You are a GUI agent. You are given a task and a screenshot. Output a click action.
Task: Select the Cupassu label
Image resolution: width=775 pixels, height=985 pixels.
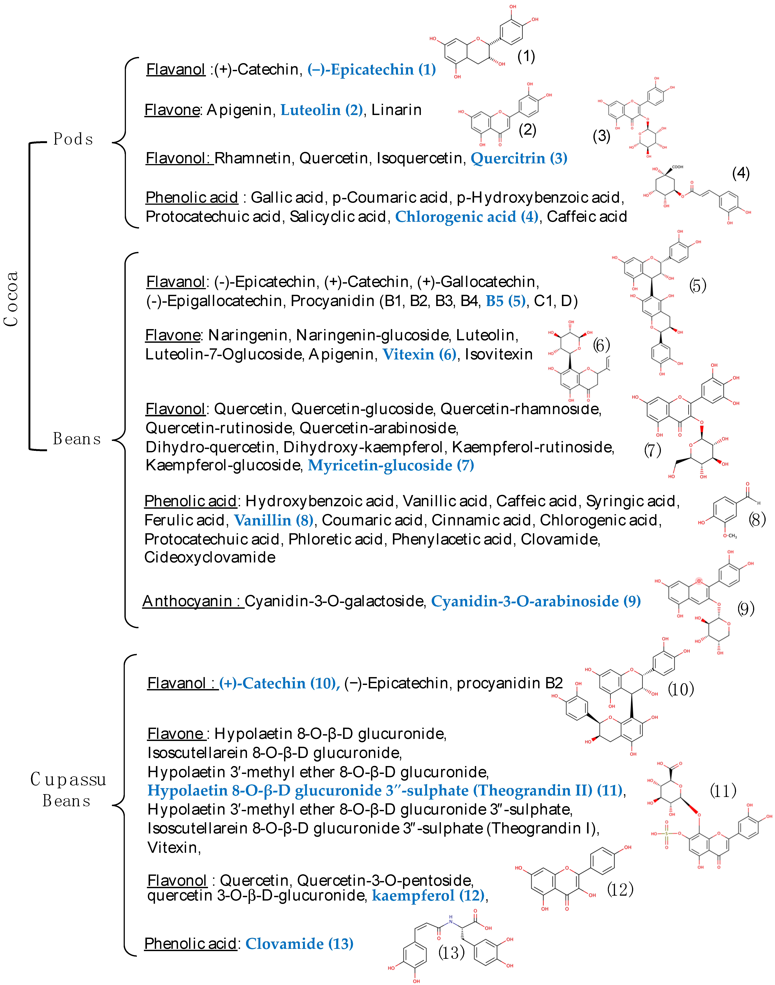click(x=68, y=780)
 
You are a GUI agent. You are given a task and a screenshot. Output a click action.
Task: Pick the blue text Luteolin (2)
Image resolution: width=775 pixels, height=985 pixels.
click(x=321, y=110)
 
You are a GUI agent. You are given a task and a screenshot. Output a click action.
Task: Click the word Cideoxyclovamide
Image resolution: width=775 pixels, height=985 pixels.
click(x=210, y=557)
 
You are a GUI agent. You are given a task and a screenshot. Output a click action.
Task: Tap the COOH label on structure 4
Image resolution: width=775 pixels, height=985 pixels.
click(x=677, y=167)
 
